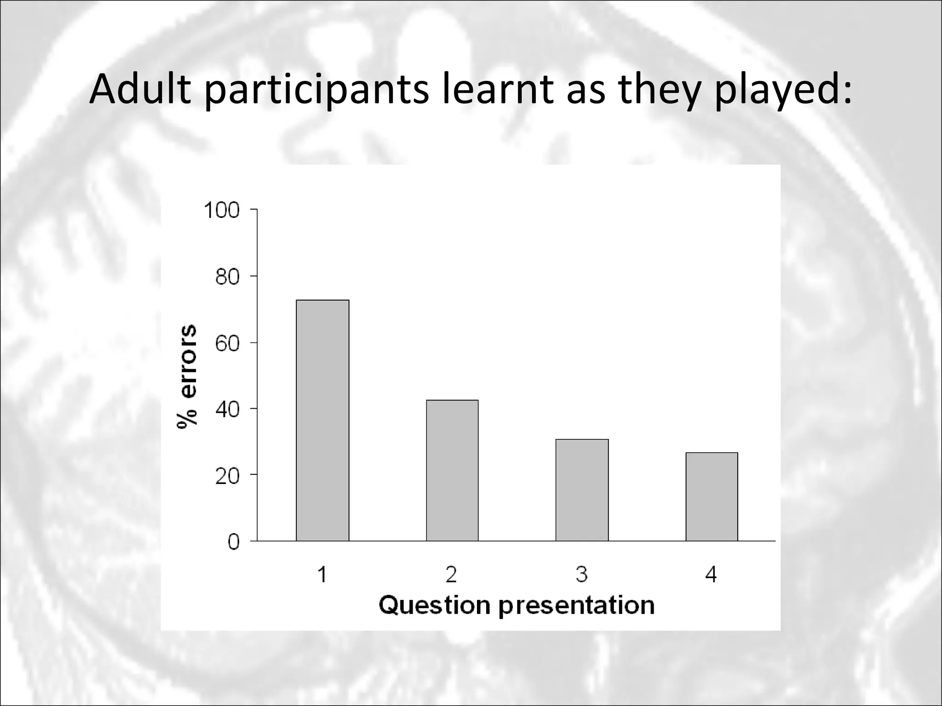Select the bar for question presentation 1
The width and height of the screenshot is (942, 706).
pyautogui.click(x=322, y=420)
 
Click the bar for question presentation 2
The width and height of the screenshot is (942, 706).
pyautogui.click(x=452, y=470)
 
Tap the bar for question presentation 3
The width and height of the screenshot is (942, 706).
pyautogui.click(x=582, y=490)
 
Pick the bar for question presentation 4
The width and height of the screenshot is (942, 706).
pyautogui.click(x=712, y=496)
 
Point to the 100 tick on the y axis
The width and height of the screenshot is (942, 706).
pyautogui.click(x=222, y=211)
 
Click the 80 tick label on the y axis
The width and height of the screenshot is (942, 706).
pyautogui.click(x=227, y=277)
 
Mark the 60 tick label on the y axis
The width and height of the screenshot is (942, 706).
pyautogui.click(x=227, y=344)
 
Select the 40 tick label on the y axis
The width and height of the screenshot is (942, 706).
pyautogui.click(x=227, y=410)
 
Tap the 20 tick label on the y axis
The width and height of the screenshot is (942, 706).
pyautogui.click(x=227, y=476)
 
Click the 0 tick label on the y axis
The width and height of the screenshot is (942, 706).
pyautogui.click(x=234, y=542)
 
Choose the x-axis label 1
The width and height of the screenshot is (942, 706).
pyautogui.click(x=322, y=575)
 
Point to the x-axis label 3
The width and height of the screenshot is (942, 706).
pyautogui.click(x=582, y=575)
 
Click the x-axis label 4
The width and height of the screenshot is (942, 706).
pyautogui.click(x=711, y=575)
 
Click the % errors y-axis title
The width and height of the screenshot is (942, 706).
pyautogui.click(x=187, y=376)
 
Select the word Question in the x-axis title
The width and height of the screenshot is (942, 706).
pyautogui.click(x=435, y=606)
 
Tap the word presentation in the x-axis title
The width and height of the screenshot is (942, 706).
pyautogui.click(x=577, y=606)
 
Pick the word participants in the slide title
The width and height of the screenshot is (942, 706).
pyautogui.click(x=316, y=90)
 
